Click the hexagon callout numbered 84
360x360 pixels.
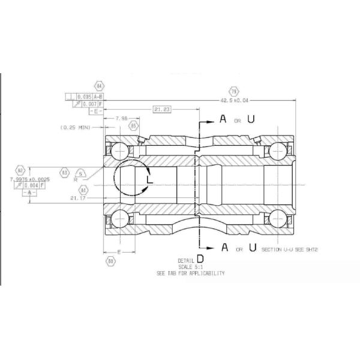(x=99, y=86)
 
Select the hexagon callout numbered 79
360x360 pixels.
(x=234, y=91)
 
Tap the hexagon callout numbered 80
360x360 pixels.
(x=110, y=261)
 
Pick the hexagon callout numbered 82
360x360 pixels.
(x=20, y=170)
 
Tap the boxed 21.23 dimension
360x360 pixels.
(x=162, y=109)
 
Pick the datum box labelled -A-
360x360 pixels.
(x=28, y=193)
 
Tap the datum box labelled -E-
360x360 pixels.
(x=95, y=111)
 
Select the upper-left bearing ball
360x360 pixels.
(x=120, y=150)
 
